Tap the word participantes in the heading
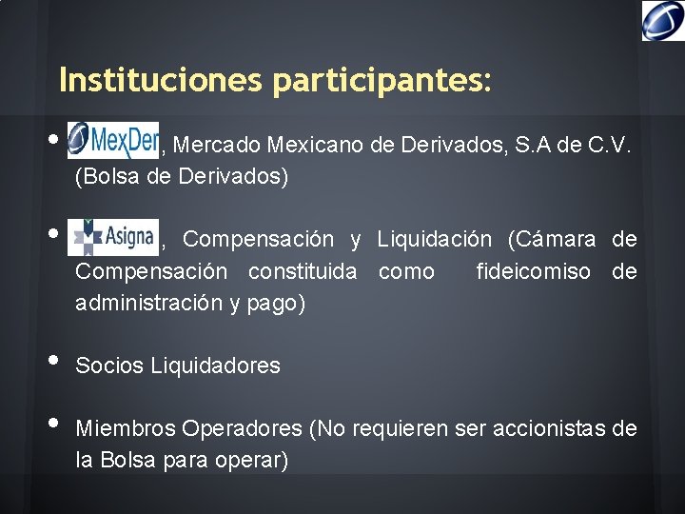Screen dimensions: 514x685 381,81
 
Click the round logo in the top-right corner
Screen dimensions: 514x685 662,20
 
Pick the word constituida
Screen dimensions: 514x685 303,272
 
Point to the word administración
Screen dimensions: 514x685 146,305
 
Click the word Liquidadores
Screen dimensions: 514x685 216,366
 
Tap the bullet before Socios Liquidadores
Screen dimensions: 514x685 52,361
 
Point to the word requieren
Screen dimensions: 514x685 398,429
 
